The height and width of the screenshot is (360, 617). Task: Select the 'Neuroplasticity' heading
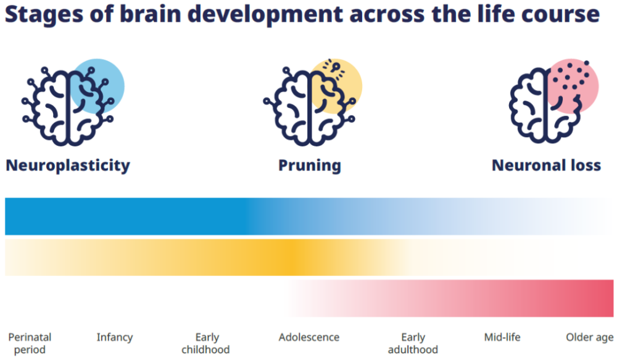(x=68, y=165)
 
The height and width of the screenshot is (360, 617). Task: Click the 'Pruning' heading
(x=310, y=165)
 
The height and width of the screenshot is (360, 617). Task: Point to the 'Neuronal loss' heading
(x=547, y=165)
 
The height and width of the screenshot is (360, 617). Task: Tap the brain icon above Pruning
(x=310, y=106)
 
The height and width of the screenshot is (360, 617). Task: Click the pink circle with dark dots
(x=573, y=86)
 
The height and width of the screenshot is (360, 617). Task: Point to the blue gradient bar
(x=309, y=216)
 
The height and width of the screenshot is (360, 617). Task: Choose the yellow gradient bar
(x=309, y=257)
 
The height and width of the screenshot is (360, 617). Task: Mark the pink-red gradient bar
(x=449, y=298)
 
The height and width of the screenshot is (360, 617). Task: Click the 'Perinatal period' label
(x=30, y=343)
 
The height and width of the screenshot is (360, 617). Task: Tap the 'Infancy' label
(x=115, y=338)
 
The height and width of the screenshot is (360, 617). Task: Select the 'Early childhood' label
(x=206, y=343)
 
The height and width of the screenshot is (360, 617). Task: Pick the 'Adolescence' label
(x=309, y=337)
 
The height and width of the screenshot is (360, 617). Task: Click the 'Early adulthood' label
(x=413, y=343)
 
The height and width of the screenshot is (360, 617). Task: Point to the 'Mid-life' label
(x=502, y=337)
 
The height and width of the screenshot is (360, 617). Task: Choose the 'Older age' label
(x=589, y=338)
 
